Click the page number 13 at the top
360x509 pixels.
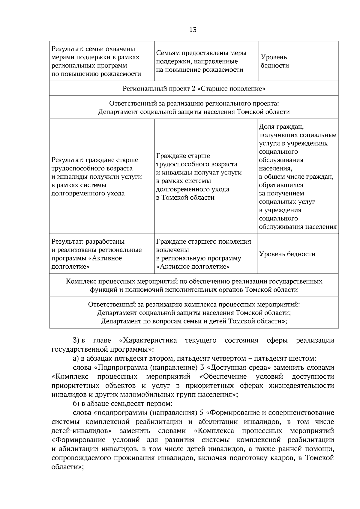pyautogui.click(x=193, y=30)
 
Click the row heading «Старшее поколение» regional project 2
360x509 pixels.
pyautogui.click(x=194, y=89)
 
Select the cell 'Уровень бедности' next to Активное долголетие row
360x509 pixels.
pyautogui.click(x=287, y=254)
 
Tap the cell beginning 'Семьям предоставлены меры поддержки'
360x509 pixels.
pyautogui.click(x=201, y=61)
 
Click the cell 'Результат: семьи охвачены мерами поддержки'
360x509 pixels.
pyautogui.click(x=96, y=61)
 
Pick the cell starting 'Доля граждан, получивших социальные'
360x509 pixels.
pyautogui.click(x=297, y=177)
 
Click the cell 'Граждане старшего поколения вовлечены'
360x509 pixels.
pyautogui.click(x=203, y=254)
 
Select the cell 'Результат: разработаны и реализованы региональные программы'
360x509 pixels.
pyautogui.click(x=96, y=254)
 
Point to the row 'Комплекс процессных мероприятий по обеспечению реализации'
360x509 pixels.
pyautogui.click(x=194, y=285)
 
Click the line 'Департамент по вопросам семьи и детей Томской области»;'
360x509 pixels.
pyautogui.click(x=194, y=321)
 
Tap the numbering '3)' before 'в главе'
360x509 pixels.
pyautogui.click(x=76, y=341)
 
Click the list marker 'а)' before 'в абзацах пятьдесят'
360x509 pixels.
pyautogui.click(x=76, y=359)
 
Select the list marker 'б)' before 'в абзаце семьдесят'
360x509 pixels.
pyautogui.click(x=76, y=403)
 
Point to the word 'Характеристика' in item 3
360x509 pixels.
pyautogui.click(x=148, y=341)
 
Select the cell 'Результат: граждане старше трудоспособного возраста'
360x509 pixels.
pyautogui.click(x=97, y=177)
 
